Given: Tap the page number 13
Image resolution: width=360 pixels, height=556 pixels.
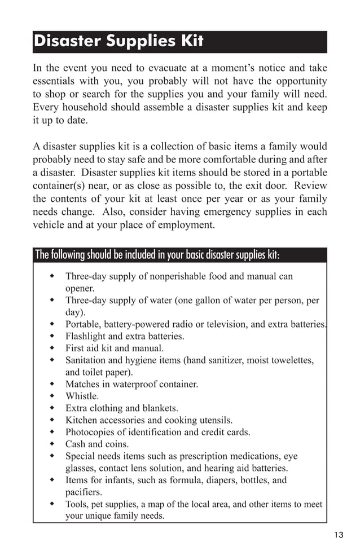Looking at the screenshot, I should [x=338, y=535].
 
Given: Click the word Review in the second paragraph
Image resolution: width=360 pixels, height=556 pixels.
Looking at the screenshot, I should [x=310, y=185].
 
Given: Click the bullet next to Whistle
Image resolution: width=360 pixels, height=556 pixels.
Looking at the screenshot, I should [x=52, y=396].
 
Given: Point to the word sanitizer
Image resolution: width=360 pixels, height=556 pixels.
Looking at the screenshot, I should [x=225, y=360].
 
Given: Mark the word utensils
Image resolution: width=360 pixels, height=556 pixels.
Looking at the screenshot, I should [x=213, y=420].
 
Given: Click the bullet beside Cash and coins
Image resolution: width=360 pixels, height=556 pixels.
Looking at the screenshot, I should [x=52, y=444].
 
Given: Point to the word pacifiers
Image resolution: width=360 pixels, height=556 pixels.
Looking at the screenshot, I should [x=84, y=492].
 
